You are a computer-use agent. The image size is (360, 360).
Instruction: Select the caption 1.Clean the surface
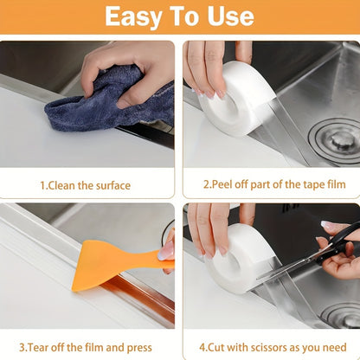pyautogui.click(x=86, y=185)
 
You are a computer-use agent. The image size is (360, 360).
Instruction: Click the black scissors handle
pyautogui.click(x=341, y=243)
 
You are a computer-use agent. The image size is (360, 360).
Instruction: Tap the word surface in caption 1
pyautogui.click(x=112, y=185)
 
